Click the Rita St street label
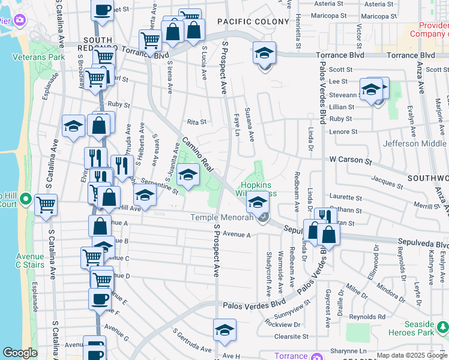coord(196,121)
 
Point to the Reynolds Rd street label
coord(368,316)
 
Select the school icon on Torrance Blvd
coord(264,53)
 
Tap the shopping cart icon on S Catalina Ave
coord(46,205)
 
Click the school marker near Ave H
coord(224,330)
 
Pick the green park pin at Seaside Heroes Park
coord(442,328)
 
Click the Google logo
coord(20,353)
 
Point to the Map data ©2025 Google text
coord(411,356)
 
